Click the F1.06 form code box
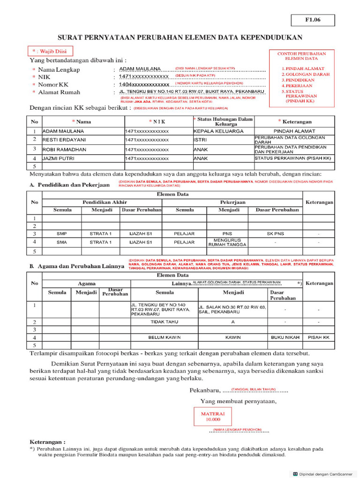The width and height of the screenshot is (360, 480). tap(313, 20)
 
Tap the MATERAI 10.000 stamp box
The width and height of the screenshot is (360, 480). tap(213, 417)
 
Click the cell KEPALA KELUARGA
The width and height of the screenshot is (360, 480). tap(218, 131)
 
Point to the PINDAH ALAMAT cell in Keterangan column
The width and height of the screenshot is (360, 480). tap(294, 131)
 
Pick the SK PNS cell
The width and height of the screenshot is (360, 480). tap(276, 233)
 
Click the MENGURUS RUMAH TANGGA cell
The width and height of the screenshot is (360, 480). tap(224, 242)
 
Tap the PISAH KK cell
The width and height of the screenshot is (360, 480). tap(318, 337)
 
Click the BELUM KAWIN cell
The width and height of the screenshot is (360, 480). tap(164, 337)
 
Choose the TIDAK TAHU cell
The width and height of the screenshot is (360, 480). tap(164, 322)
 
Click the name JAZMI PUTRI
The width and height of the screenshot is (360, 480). tap(60, 158)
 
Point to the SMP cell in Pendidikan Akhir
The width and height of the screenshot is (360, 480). tap(61, 233)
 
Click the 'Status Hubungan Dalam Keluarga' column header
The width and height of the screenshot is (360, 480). tap(223, 121)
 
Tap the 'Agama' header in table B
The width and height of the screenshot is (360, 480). tap(87, 283)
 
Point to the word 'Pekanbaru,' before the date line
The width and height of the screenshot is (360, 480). tap(204, 390)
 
